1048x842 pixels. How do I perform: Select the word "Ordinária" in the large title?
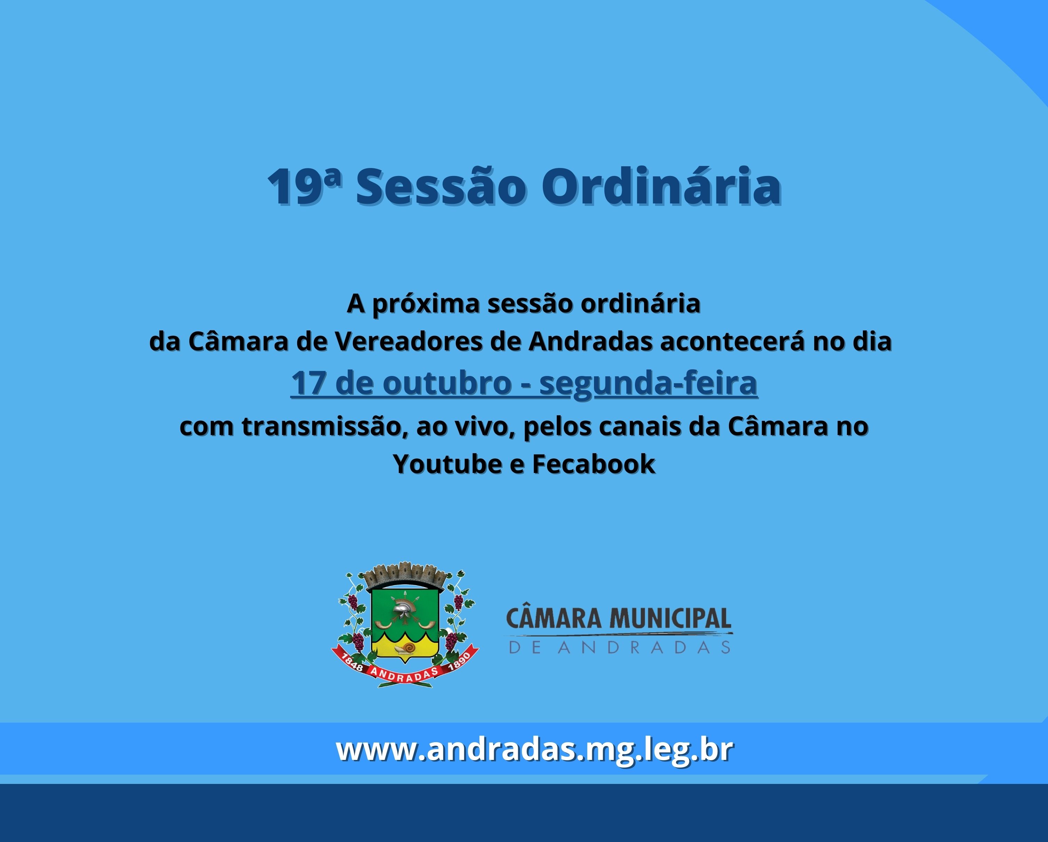tap(661, 187)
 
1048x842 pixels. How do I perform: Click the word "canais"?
tap(640, 427)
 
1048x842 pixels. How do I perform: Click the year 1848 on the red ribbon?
tap(353, 662)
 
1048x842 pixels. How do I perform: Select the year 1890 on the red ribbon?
tap(459, 662)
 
